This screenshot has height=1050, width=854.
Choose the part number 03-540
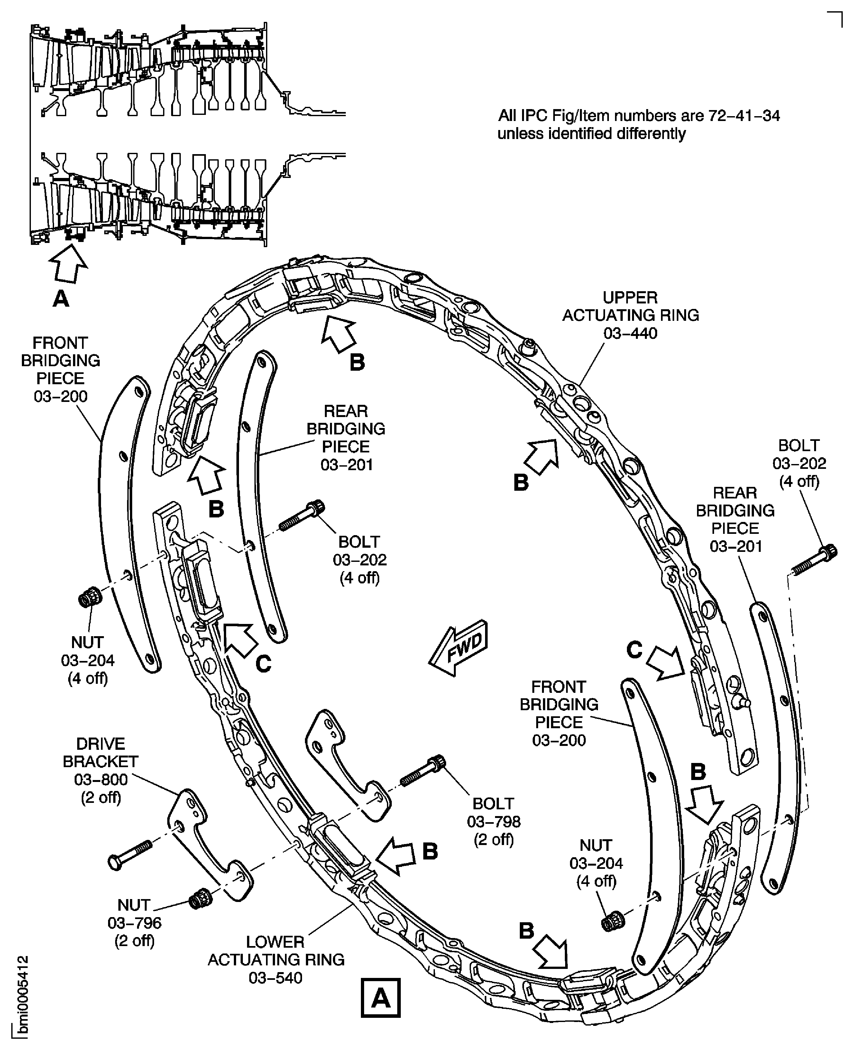click(x=275, y=978)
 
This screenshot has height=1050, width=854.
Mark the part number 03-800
click(x=101, y=779)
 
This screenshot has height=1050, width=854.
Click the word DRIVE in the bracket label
click(x=101, y=743)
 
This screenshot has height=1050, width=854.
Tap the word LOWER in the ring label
click(x=275, y=942)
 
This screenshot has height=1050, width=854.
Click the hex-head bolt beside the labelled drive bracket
click(x=129, y=855)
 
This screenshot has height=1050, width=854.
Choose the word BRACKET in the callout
click(x=101, y=762)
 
